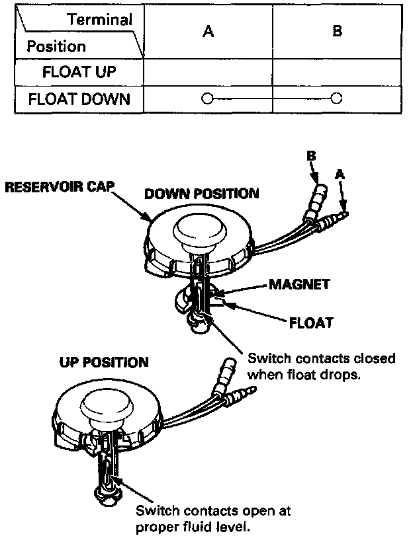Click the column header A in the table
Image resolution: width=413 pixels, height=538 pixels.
tap(208, 31)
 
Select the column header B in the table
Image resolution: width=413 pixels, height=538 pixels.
tap(337, 31)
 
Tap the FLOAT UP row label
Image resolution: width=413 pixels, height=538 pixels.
tap(77, 72)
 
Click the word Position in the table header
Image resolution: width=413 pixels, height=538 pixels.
tap(56, 47)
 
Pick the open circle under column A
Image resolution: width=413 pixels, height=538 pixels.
tap(206, 100)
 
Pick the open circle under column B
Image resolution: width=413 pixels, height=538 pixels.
tap(336, 100)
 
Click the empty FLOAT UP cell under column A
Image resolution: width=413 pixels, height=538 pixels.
tap(208, 72)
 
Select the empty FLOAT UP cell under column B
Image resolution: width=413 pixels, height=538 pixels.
tap(337, 72)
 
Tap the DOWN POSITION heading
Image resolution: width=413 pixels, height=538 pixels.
tap(201, 194)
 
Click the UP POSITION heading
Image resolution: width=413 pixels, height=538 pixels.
tap(104, 363)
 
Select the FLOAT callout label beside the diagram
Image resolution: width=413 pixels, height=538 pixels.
tap(310, 324)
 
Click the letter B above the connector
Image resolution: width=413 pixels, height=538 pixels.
tap(311, 157)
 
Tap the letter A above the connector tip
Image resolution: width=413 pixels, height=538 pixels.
tap(340, 174)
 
